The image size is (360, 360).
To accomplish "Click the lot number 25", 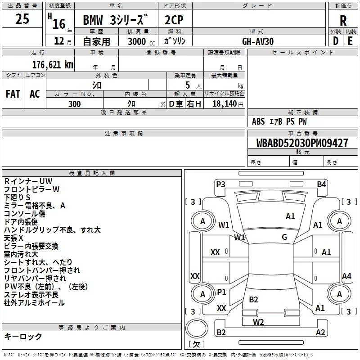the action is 22,18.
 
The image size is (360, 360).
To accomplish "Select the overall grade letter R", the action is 343,21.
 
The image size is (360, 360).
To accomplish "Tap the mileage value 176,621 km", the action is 53,65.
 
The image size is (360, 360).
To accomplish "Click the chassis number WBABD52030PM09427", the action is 302,143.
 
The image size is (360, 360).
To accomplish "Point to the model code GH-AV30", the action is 258,41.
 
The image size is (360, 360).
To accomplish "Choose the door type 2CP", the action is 174,20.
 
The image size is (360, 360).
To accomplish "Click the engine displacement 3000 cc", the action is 141,41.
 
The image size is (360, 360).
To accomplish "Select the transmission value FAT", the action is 13,94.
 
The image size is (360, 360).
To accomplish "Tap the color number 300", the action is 75,104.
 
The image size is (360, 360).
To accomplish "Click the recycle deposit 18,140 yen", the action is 228,104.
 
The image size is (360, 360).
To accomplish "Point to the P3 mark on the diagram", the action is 220,184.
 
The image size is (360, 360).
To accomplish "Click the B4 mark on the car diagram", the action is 321,184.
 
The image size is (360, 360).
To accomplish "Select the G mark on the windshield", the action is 284,237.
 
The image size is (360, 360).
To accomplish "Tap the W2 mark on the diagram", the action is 258,322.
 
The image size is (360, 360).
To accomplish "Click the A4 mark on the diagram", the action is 346,276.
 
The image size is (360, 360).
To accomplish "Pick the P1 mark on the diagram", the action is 221,292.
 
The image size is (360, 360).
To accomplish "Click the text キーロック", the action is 23,336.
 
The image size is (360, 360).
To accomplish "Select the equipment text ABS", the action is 258,121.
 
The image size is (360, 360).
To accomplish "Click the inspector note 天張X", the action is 13,238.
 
